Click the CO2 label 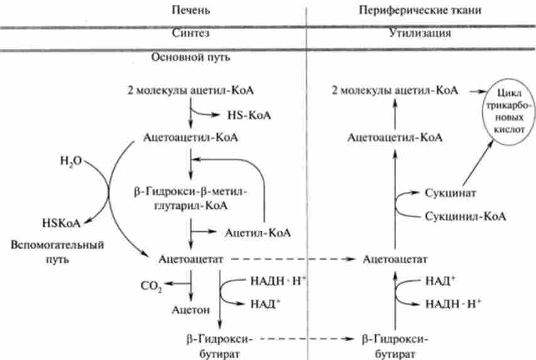(151, 287)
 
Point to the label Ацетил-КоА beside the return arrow (257, 233)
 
